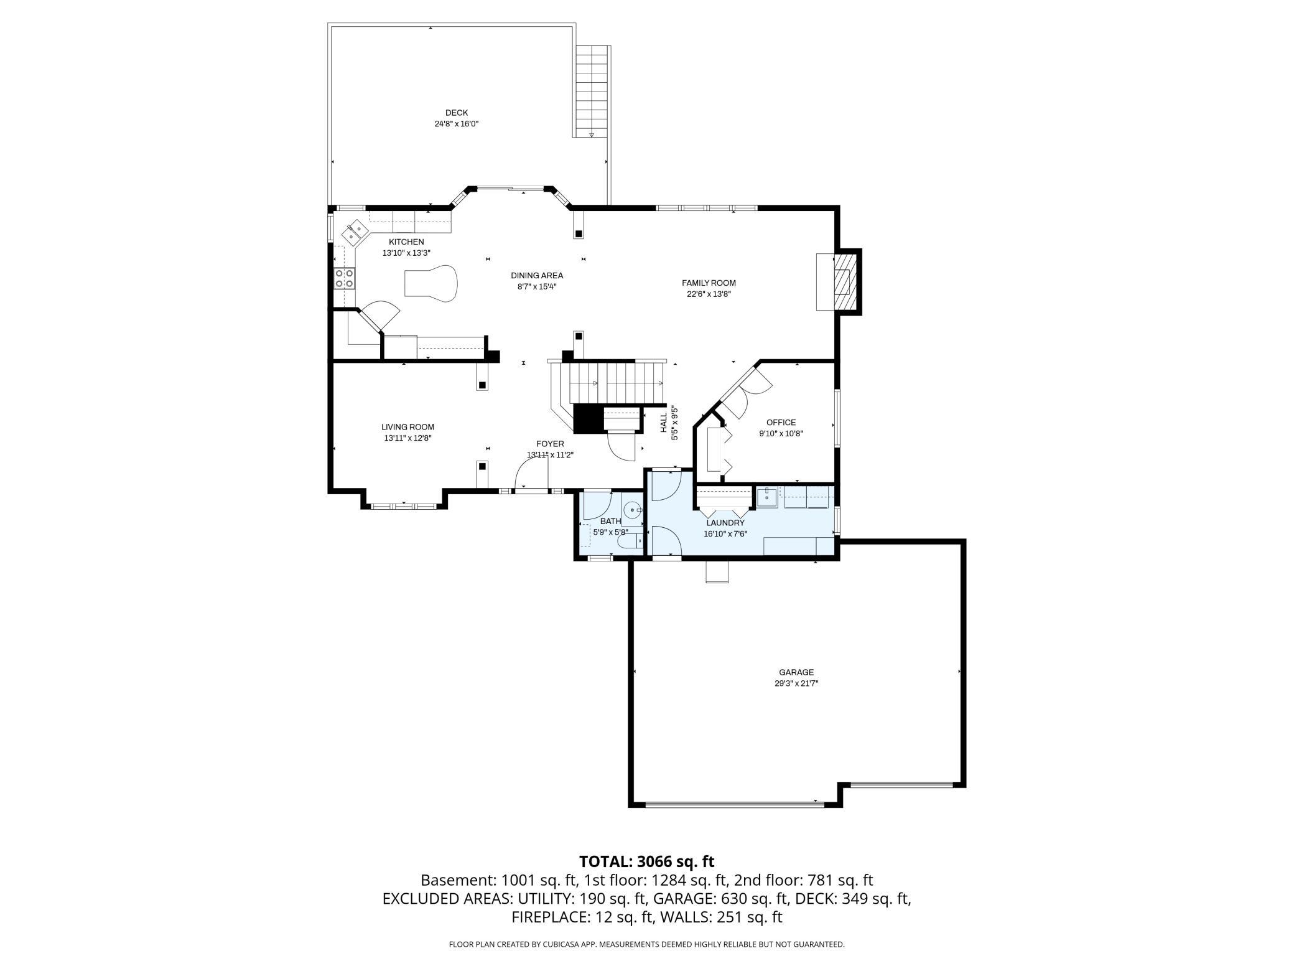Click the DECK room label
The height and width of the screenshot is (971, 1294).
tap(456, 113)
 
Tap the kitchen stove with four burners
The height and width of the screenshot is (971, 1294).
tap(344, 278)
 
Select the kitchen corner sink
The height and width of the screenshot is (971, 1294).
tap(355, 232)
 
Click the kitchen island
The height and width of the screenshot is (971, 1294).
tap(431, 284)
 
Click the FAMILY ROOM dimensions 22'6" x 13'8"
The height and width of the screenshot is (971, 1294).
tap(708, 294)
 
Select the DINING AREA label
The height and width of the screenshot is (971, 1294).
tap(537, 275)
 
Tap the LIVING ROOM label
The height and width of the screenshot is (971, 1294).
tap(407, 427)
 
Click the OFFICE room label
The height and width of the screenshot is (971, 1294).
tap(781, 423)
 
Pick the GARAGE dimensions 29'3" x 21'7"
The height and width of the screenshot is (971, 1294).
tap(796, 683)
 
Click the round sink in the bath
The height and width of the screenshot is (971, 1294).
tap(631, 510)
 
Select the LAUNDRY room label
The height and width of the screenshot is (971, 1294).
tap(725, 523)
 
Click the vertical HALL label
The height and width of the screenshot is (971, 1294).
tap(663, 423)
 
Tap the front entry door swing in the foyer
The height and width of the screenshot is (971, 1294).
tap(531, 477)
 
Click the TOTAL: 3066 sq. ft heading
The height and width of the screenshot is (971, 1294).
tap(646, 861)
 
